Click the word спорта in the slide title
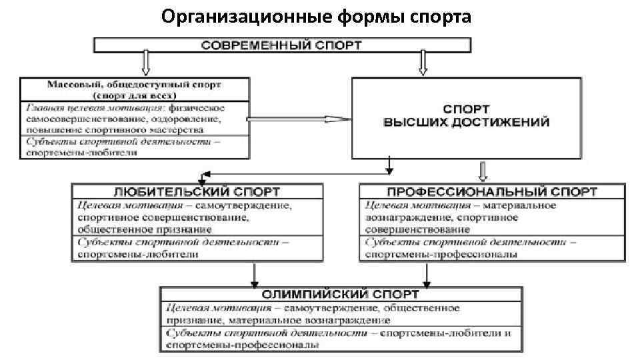click(x=442, y=15)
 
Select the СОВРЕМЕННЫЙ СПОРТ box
click(x=282, y=45)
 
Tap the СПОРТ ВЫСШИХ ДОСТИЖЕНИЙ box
click(x=466, y=117)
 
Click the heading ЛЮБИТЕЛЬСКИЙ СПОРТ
click(x=197, y=192)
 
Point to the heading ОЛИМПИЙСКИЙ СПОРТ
click(x=341, y=294)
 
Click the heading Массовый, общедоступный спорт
click(x=135, y=85)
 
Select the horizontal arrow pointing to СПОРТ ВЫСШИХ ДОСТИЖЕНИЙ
click(x=300, y=119)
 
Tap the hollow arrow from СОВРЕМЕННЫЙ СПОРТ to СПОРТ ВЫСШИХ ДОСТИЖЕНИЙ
click(x=423, y=64)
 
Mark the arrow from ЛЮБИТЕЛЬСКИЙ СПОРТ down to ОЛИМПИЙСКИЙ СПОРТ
click(x=253, y=274)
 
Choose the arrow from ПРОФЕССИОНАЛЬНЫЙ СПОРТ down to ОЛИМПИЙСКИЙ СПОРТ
click(x=427, y=274)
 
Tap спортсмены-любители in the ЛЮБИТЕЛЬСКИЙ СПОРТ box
click(x=138, y=255)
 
